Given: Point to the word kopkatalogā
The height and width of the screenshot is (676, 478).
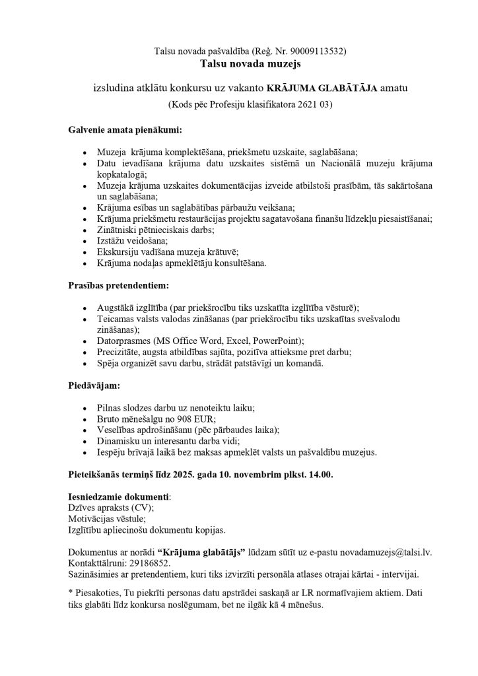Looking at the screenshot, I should [121, 174].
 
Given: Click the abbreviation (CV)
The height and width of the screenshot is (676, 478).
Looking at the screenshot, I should [142, 507].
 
